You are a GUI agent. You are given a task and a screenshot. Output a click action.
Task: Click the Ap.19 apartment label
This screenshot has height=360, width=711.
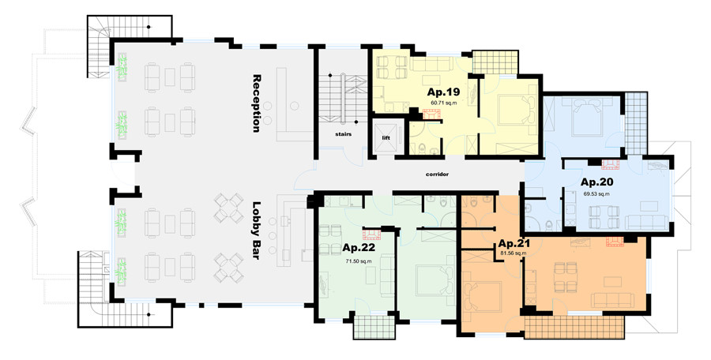[x=443, y=92]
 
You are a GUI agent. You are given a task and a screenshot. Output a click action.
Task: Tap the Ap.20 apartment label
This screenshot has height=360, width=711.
[x=596, y=182]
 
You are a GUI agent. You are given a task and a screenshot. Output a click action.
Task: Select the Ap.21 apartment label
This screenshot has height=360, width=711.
[x=513, y=243]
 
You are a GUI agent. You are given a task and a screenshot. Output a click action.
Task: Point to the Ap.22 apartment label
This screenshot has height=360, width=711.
[x=359, y=248]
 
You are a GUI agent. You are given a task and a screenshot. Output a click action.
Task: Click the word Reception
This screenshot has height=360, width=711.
[x=257, y=103]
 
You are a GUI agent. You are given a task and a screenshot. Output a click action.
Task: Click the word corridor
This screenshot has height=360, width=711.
[x=437, y=174]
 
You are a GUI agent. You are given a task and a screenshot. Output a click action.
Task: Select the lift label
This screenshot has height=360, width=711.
[x=386, y=138]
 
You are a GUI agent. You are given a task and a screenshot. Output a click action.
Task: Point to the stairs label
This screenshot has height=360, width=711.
[x=344, y=134]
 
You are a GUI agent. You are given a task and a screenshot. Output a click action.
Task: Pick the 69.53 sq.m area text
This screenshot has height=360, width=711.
[x=596, y=194]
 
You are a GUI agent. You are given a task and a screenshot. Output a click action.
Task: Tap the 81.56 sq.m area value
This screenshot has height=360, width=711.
[x=513, y=253]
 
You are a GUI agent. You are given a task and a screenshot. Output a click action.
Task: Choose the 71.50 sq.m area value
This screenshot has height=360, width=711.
[x=359, y=261]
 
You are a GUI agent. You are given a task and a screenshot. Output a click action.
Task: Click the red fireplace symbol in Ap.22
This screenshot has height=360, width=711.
[x=371, y=234]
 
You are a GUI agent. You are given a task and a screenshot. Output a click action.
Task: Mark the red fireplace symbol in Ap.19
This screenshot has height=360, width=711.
[x=431, y=114]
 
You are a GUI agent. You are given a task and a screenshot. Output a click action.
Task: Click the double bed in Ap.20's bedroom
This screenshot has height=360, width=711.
[x=587, y=117]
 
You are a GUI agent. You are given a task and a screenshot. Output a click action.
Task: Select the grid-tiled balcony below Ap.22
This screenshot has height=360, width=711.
[x=374, y=327]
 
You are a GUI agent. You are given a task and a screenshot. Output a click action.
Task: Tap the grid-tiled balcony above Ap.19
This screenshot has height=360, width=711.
[x=495, y=62]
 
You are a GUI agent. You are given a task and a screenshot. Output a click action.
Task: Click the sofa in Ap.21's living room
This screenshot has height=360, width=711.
[x=612, y=300]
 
